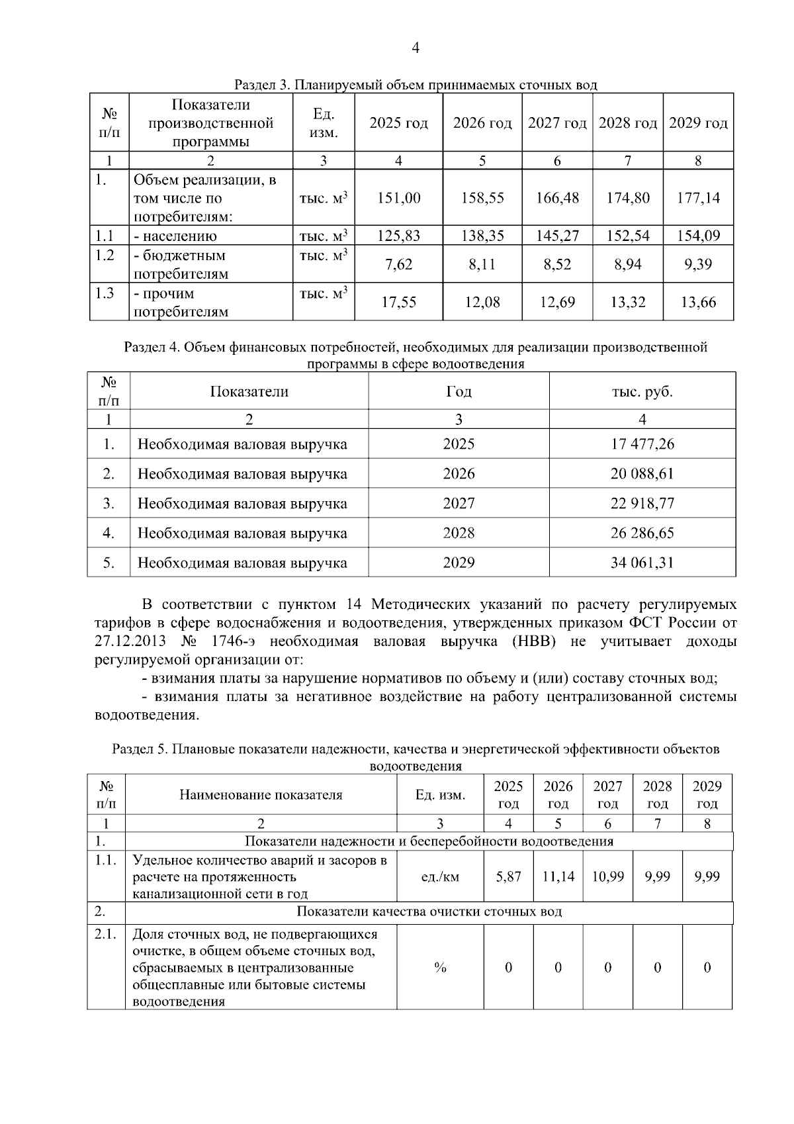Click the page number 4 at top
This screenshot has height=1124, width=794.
[416, 48]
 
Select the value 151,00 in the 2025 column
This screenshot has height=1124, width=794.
[398, 198]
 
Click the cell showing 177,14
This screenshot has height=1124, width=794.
[698, 198]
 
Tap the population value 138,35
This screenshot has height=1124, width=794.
[482, 236]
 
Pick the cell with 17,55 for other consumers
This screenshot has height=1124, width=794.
[398, 303]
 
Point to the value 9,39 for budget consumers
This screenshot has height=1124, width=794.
[698, 265]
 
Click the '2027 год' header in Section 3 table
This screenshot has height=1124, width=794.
[557, 123]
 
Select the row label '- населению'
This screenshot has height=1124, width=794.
[175, 236]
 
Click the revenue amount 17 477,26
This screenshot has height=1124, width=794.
[642, 444]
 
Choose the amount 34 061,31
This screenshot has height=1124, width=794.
[642, 563]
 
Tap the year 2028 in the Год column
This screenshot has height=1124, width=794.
[459, 534]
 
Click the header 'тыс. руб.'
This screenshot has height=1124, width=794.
[642, 392]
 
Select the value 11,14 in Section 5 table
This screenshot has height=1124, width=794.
[558, 876]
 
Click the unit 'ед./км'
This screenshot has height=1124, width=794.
[440, 876]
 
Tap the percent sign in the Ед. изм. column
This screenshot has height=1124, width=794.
[440, 968]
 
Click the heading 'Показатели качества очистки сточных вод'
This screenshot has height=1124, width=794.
[429, 912]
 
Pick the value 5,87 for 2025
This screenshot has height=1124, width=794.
[508, 876]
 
